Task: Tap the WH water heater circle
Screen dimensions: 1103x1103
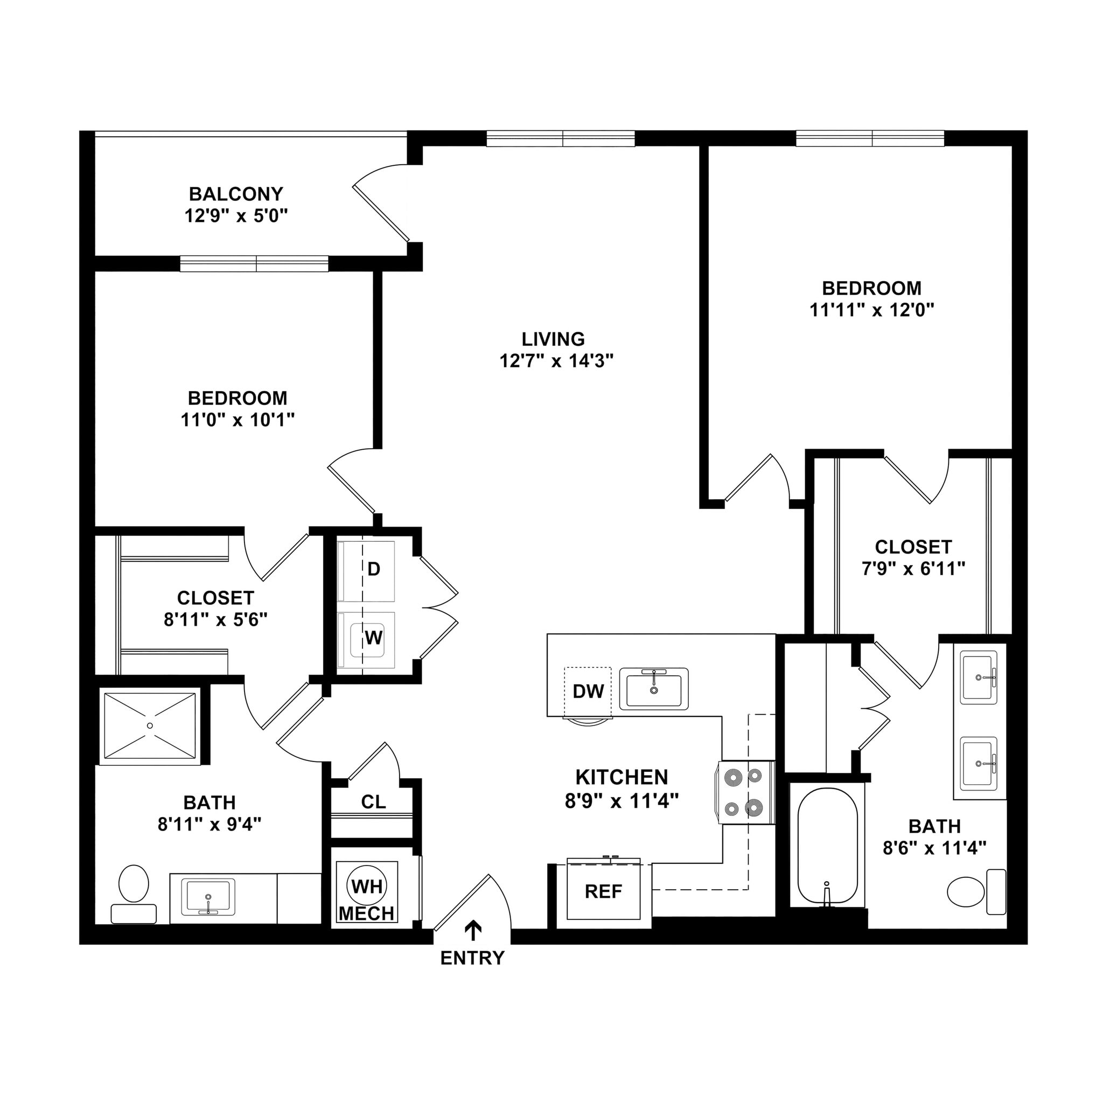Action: (367, 886)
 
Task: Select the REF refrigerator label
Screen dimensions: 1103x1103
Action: (603, 891)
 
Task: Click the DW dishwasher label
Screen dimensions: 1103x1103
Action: (588, 692)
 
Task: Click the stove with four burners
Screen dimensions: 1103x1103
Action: (745, 792)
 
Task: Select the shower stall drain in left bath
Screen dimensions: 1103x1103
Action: (150, 725)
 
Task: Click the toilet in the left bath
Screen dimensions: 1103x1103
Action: (134, 892)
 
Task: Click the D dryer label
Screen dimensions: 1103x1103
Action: (374, 569)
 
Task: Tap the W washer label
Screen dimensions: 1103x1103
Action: (374, 637)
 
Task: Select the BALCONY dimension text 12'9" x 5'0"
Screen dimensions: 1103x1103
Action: (236, 216)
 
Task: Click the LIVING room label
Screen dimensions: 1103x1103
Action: (553, 339)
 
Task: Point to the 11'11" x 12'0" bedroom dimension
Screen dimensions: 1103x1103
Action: (872, 310)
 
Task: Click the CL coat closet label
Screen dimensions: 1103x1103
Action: (373, 801)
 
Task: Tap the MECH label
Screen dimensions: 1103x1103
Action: (367, 913)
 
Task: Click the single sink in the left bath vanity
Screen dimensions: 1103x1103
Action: (208, 897)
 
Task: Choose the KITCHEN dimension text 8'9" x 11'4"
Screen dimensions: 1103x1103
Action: (622, 801)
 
